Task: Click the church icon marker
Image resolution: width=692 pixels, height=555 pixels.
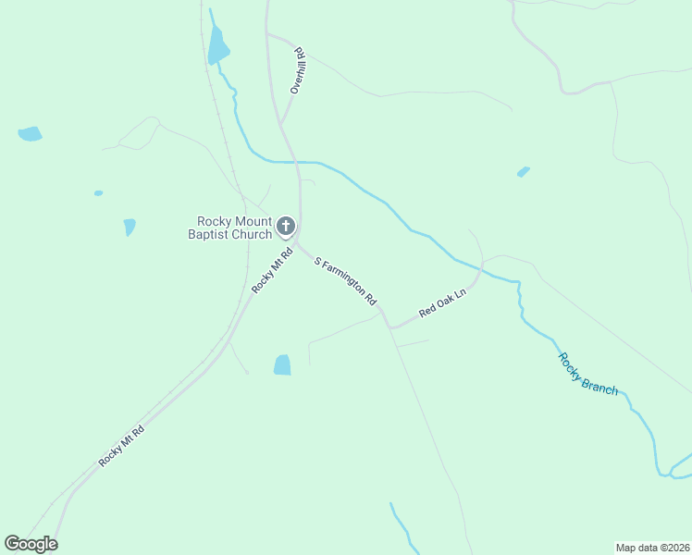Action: click(x=286, y=226)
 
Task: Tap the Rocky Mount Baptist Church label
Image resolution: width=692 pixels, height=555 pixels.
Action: click(x=234, y=228)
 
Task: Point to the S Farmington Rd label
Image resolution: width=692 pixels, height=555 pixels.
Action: click(x=346, y=282)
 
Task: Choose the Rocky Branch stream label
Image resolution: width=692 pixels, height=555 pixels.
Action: click(x=587, y=374)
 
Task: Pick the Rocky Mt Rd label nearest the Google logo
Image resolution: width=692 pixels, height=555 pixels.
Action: click(x=122, y=445)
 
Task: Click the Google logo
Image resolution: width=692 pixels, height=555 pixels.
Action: click(x=31, y=544)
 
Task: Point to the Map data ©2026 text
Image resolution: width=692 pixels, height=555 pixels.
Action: click(x=652, y=547)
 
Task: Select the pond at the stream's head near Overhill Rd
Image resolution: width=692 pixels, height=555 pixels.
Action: click(x=217, y=44)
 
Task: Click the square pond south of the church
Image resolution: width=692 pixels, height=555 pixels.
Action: click(x=282, y=365)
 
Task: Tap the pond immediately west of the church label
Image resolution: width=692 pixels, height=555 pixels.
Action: click(x=130, y=227)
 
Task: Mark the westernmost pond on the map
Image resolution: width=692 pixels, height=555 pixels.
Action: click(x=30, y=133)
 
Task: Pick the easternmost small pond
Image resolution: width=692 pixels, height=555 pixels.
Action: click(x=524, y=172)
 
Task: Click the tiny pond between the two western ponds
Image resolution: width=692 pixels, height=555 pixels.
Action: click(x=98, y=193)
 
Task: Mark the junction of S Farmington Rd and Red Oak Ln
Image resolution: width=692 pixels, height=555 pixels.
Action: click(x=391, y=327)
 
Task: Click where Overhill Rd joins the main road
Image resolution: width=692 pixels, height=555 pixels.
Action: click(x=281, y=125)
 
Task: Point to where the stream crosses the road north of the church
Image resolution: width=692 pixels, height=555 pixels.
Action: click(x=296, y=162)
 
